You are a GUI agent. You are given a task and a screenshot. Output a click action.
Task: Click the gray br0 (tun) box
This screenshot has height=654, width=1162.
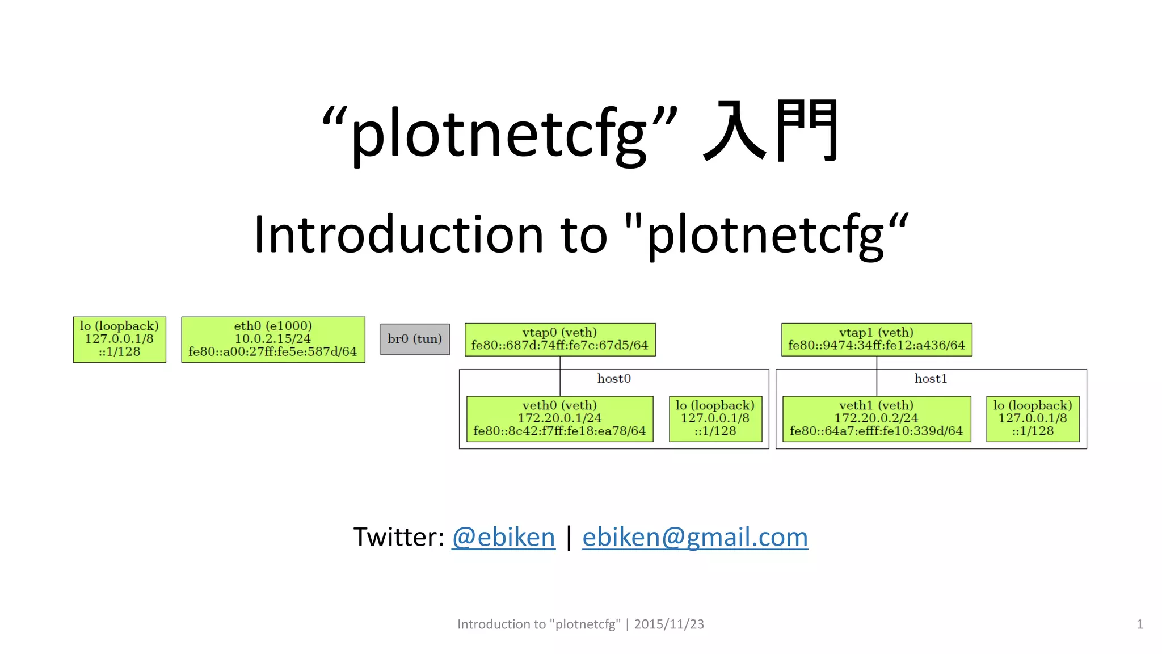(x=415, y=339)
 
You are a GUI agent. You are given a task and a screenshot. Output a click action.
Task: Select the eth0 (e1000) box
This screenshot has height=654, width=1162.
(x=273, y=339)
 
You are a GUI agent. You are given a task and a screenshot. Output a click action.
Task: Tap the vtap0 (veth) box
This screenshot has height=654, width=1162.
(x=559, y=339)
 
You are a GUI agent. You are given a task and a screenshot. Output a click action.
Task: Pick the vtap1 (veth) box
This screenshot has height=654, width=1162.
(x=876, y=339)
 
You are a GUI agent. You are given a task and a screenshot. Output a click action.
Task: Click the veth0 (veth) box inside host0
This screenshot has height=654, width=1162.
(x=559, y=418)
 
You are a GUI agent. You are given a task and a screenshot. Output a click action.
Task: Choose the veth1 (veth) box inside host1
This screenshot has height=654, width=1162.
(x=876, y=418)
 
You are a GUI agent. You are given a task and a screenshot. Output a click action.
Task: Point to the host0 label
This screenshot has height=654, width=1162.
(x=614, y=379)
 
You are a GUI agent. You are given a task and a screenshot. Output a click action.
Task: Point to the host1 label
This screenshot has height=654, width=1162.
(x=931, y=379)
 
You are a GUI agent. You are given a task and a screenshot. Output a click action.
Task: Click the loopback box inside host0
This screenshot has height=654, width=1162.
(x=715, y=418)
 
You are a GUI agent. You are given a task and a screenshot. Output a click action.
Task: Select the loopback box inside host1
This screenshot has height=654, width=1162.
(x=1033, y=418)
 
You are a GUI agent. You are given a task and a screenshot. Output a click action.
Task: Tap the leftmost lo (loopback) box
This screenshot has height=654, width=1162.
(x=119, y=339)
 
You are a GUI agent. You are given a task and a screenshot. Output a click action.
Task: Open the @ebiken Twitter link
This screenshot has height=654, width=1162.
(x=503, y=537)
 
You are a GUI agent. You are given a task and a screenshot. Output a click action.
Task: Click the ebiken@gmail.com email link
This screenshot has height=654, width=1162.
(x=695, y=537)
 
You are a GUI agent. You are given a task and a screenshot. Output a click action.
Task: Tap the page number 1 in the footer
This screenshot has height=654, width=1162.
(x=1139, y=624)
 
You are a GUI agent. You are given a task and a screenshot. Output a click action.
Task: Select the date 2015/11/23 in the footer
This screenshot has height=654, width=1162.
(x=669, y=624)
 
